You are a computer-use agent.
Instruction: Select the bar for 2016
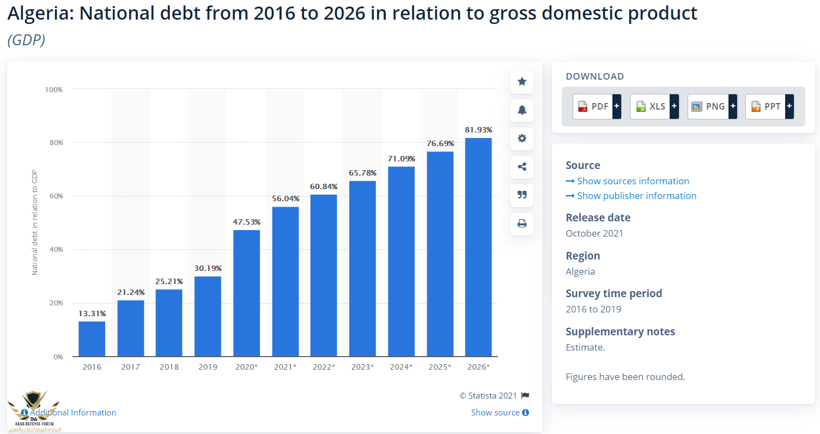coord(92,339)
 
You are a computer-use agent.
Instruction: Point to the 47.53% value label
coord(246,222)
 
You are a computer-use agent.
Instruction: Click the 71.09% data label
coord(402,159)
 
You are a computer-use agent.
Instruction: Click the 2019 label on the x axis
coord(208,367)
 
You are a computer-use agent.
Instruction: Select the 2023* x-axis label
coord(362,367)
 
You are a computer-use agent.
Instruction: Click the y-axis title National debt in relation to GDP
coord(35,222)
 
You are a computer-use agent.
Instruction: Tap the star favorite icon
coord(522,82)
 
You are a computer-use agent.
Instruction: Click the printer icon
coord(522,224)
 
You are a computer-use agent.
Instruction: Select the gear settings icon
coord(522,138)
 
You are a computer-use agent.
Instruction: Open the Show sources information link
coord(633,181)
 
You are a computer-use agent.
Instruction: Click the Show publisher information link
coord(636,196)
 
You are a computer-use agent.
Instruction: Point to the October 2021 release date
coord(594,233)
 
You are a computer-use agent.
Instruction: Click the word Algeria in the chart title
coord(40,13)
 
